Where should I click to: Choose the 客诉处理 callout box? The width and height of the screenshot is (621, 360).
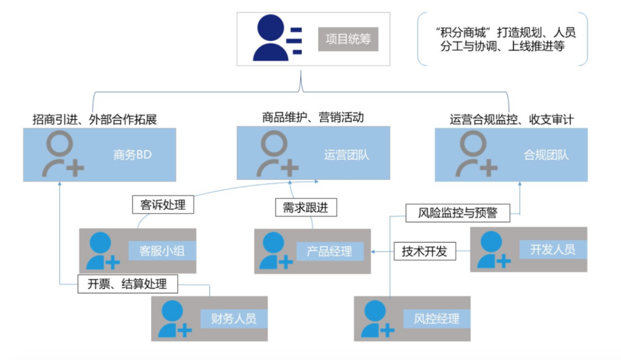pyautogui.click(x=163, y=204)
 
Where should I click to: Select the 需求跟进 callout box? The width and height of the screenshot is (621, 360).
pyautogui.click(x=305, y=208)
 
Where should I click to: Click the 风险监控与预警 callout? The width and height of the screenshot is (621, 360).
pyautogui.click(x=457, y=213)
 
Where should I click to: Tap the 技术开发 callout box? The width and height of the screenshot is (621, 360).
pyautogui.click(x=424, y=251)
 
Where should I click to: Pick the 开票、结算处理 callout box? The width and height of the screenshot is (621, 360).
pyautogui.click(x=127, y=284)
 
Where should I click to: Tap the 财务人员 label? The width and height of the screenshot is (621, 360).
pyautogui.click(x=233, y=318)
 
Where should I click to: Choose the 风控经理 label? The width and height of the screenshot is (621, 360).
pyautogui.click(x=436, y=318)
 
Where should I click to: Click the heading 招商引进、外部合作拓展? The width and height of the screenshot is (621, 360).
pyautogui.click(x=95, y=120)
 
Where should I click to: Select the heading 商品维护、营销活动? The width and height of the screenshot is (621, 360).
pyautogui.click(x=313, y=117)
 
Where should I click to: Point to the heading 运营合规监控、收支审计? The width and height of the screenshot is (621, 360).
pyautogui.click(x=512, y=120)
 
